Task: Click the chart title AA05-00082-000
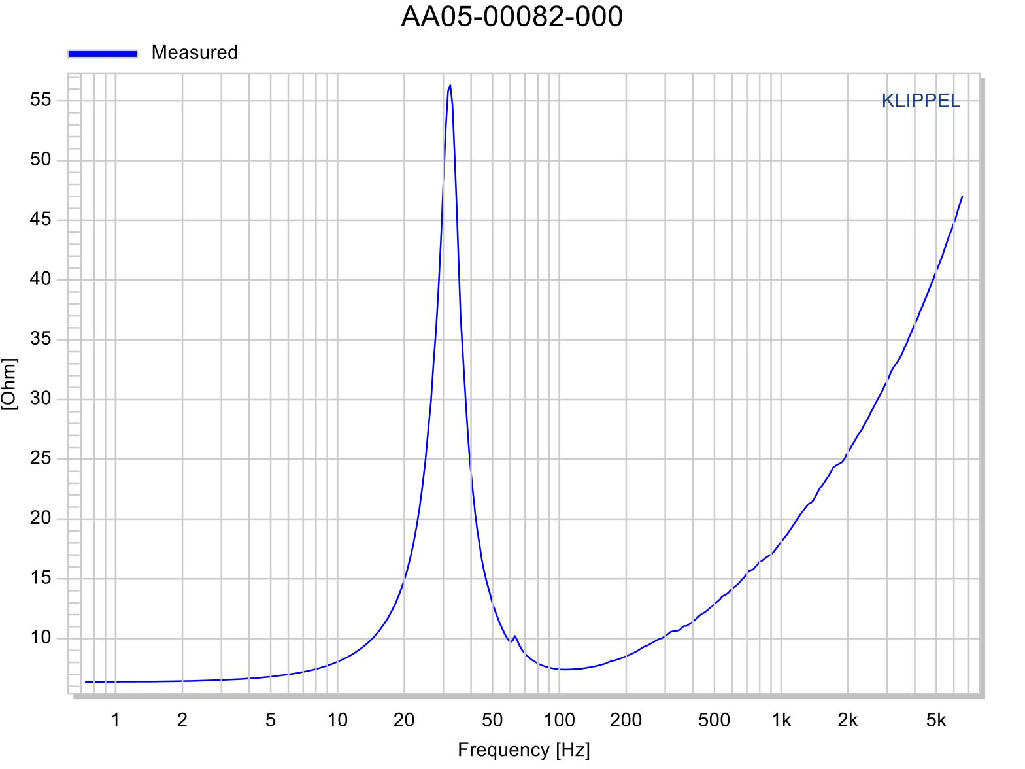click(512, 17)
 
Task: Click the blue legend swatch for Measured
click(103, 54)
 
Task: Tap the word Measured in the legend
click(194, 52)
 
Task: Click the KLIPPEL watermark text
click(920, 101)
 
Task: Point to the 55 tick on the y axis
click(41, 100)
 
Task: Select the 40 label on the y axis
click(41, 279)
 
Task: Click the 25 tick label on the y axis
click(41, 458)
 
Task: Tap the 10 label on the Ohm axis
click(41, 638)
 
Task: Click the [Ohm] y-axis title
click(10, 384)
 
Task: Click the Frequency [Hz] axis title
click(524, 749)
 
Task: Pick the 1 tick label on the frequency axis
click(116, 721)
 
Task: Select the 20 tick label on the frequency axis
click(404, 721)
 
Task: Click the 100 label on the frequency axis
click(560, 721)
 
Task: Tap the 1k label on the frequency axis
click(781, 721)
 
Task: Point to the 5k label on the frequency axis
click(936, 721)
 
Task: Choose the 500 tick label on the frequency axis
click(714, 721)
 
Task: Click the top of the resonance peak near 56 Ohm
click(450, 86)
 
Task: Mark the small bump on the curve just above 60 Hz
click(515, 636)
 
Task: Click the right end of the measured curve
click(962, 196)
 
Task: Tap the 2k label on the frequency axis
click(848, 721)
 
